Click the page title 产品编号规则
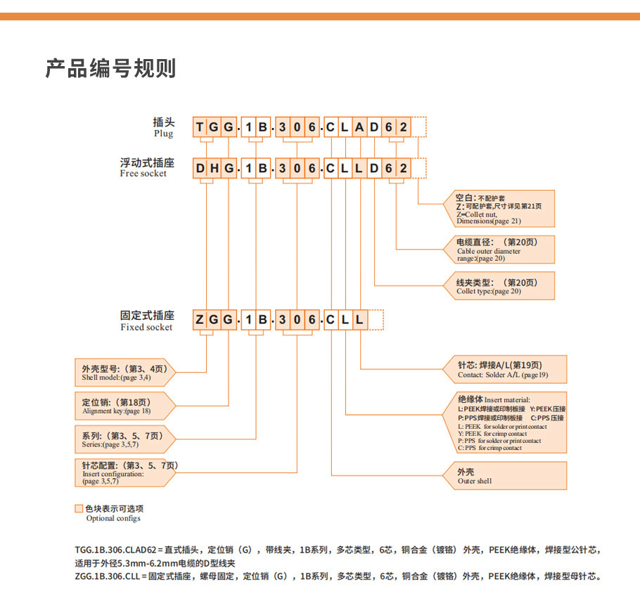pyautogui.click(x=110, y=69)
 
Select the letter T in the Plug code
pyautogui.click(x=200, y=127)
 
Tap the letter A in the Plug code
pyautogui.click(x=359, y=127)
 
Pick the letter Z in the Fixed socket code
pyautogui.click(x=200, y=321)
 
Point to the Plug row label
pyautogui.click(x=162, y=127)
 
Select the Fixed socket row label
pyautogui.click(x=146, y=321)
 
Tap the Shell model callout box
pyautogui.click(x=123, y=373)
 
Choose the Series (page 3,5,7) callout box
pyautogui.click(x=123, y=439)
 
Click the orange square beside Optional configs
pyautogui.click(x=79, y=508)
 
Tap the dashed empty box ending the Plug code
pyautogui.click(x=420, y=127)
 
